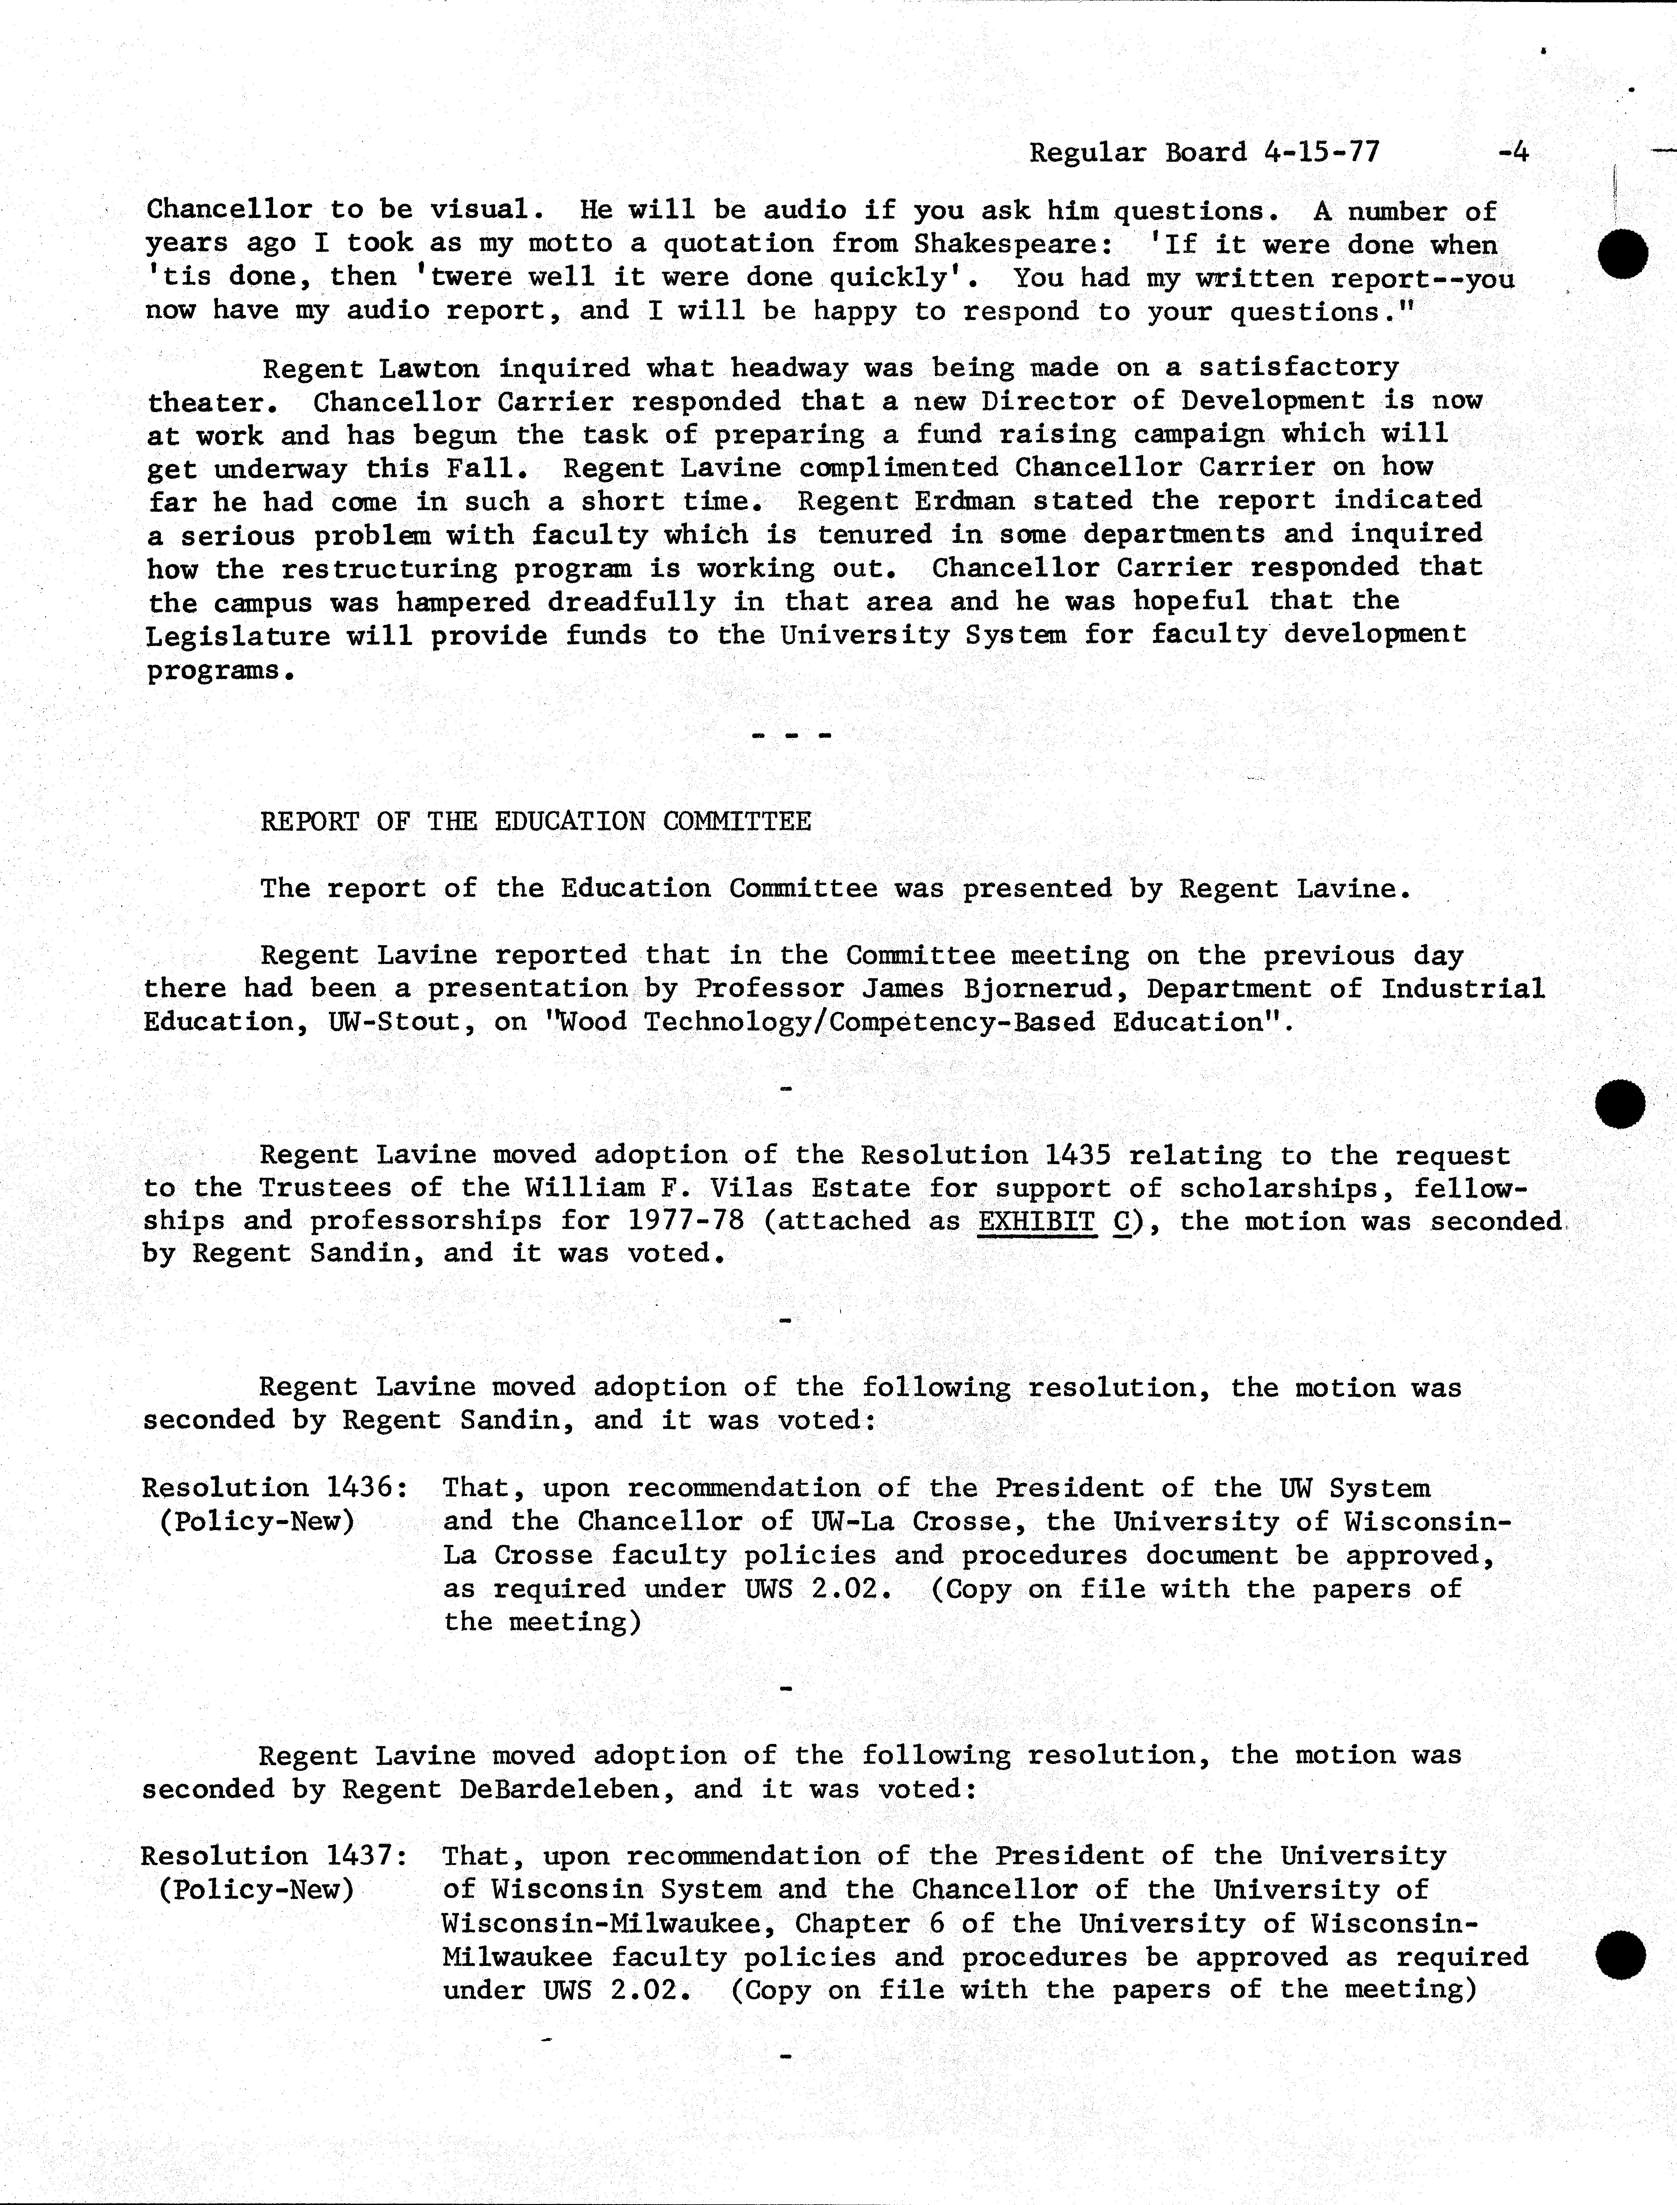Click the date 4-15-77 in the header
1322,153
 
